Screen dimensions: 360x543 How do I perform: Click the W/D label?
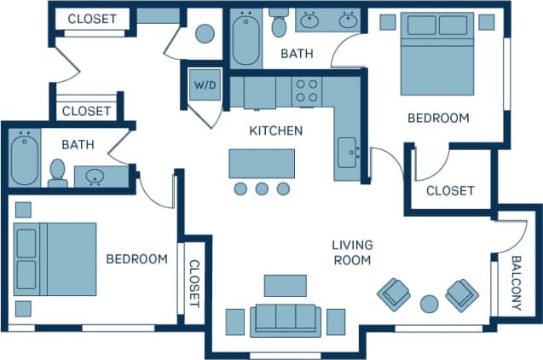[205, 85]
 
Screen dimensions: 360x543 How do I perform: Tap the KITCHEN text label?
[275, 131]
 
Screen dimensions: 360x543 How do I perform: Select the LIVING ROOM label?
[352, 253]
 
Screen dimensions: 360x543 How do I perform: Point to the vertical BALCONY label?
[517, 282]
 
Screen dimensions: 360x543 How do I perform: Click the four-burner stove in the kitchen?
[307, 91]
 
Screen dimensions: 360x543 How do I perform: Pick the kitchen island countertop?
[262, 163]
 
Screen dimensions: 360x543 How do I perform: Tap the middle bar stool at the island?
[262, 189]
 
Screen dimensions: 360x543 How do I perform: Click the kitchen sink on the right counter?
[348, 154]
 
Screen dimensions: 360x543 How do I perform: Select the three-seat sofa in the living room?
[286, 319]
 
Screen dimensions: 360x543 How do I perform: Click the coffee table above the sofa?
[285, 285]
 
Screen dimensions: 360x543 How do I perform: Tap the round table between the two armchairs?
[429, 303]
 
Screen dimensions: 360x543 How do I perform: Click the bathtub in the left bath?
[23, 156]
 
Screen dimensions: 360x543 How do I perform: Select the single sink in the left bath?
[95, 177]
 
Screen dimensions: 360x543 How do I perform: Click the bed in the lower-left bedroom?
[55, 258]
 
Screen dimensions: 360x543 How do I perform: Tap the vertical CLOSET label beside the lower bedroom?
[194, 283]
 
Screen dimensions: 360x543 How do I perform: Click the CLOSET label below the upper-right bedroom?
[449, 190]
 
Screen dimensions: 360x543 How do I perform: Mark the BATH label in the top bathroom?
[297, 53]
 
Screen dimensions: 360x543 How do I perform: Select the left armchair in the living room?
[393, 294]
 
